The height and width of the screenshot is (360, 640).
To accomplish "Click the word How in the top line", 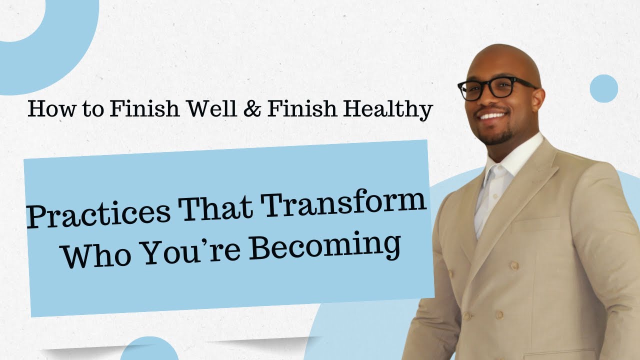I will click(x=48, y=109).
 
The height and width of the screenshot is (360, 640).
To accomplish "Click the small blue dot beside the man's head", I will click(x=604, y=88).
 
